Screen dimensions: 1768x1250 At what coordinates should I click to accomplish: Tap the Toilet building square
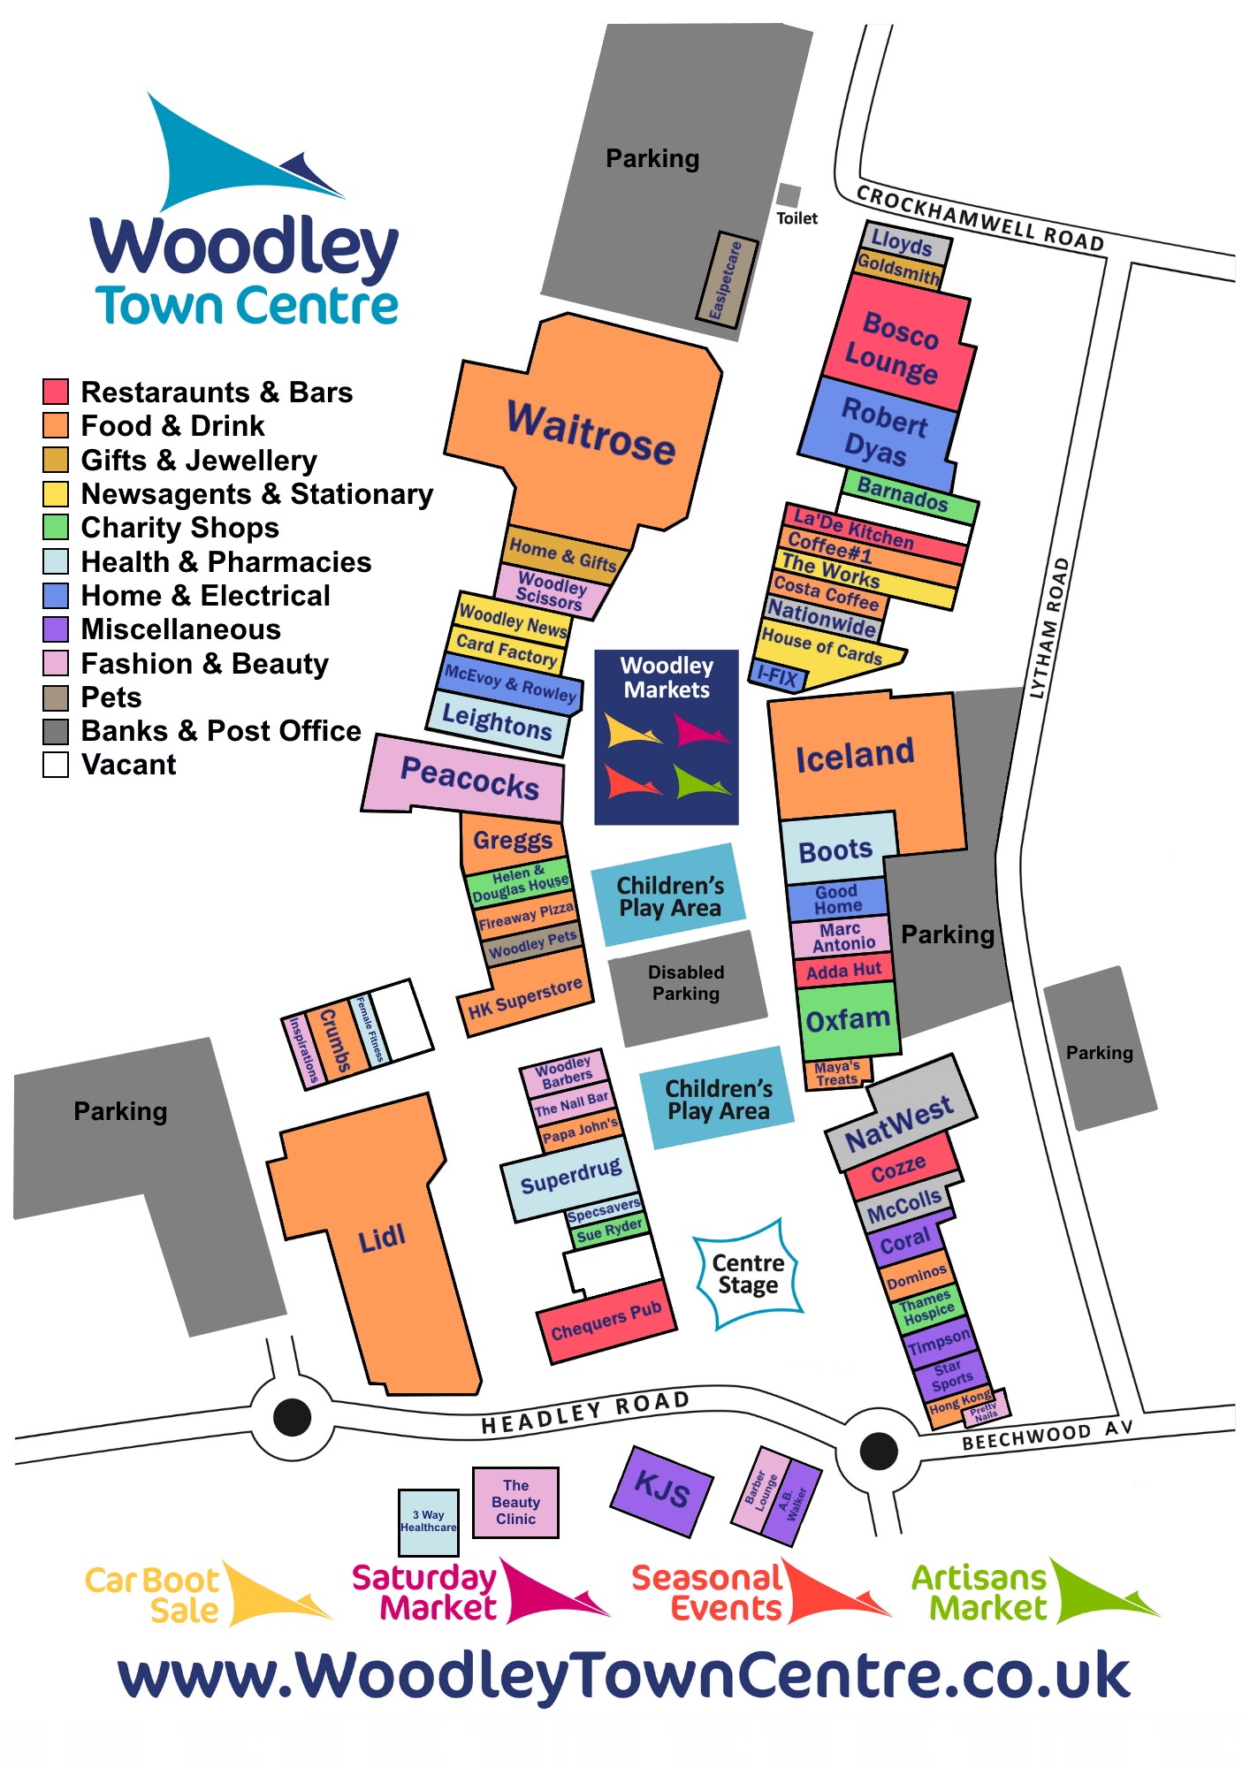tap(788, 195)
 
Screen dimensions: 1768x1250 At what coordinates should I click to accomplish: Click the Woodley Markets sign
tap(666, 735)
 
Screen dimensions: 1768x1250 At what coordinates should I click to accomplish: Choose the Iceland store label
tap(855, 755)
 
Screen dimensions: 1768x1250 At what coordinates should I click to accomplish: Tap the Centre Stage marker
tap(748, 1274)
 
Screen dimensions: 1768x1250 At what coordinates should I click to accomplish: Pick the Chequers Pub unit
tap(606, 1321)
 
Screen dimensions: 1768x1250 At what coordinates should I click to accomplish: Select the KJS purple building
tap(661, 1490)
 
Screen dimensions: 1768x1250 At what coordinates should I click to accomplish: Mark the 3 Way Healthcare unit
tap(429, 1521)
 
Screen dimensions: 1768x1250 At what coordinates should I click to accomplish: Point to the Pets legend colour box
tap(56, 697)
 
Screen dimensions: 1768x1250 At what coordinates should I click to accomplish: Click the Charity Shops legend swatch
tap(56, 528)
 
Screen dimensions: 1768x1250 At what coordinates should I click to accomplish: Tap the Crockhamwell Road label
tap(979, 217)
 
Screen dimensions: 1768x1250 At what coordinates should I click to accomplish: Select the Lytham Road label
tap(1050, 628)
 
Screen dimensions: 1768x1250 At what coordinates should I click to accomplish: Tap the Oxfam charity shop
tap(848, 1020)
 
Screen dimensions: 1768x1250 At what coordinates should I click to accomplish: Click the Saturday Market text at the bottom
tap(425, 1592)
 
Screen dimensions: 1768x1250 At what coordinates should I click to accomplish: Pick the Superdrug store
tap(570, 1177)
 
